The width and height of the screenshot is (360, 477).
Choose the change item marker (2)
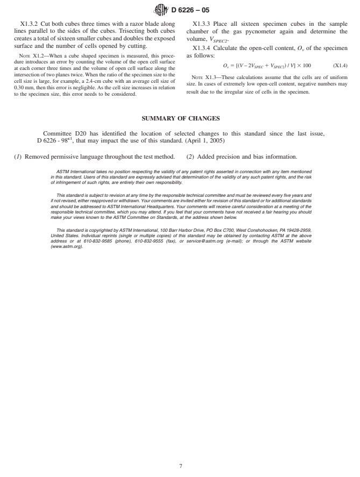click(x=190, y=156)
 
